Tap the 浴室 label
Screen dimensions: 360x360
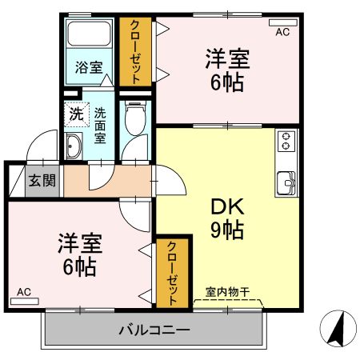[x=89, y=68]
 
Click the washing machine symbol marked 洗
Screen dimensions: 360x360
[x=76, y=114]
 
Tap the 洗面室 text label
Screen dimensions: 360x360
[x=101, y=126]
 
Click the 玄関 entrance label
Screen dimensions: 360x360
[x=42, y=180]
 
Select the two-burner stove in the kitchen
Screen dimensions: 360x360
[x=286, y=142]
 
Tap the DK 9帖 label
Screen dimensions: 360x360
[x=226, y=218]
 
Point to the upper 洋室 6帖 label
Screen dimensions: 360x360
[x=227, y=70]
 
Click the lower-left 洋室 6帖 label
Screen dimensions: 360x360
[x=78, y=254]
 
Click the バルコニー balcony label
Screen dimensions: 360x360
[x=154, y=330]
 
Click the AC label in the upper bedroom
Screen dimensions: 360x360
[x=282, y=32]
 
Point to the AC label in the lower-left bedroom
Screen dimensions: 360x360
[x=23, y=292]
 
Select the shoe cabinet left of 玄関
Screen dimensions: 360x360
[x=14, y=180]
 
